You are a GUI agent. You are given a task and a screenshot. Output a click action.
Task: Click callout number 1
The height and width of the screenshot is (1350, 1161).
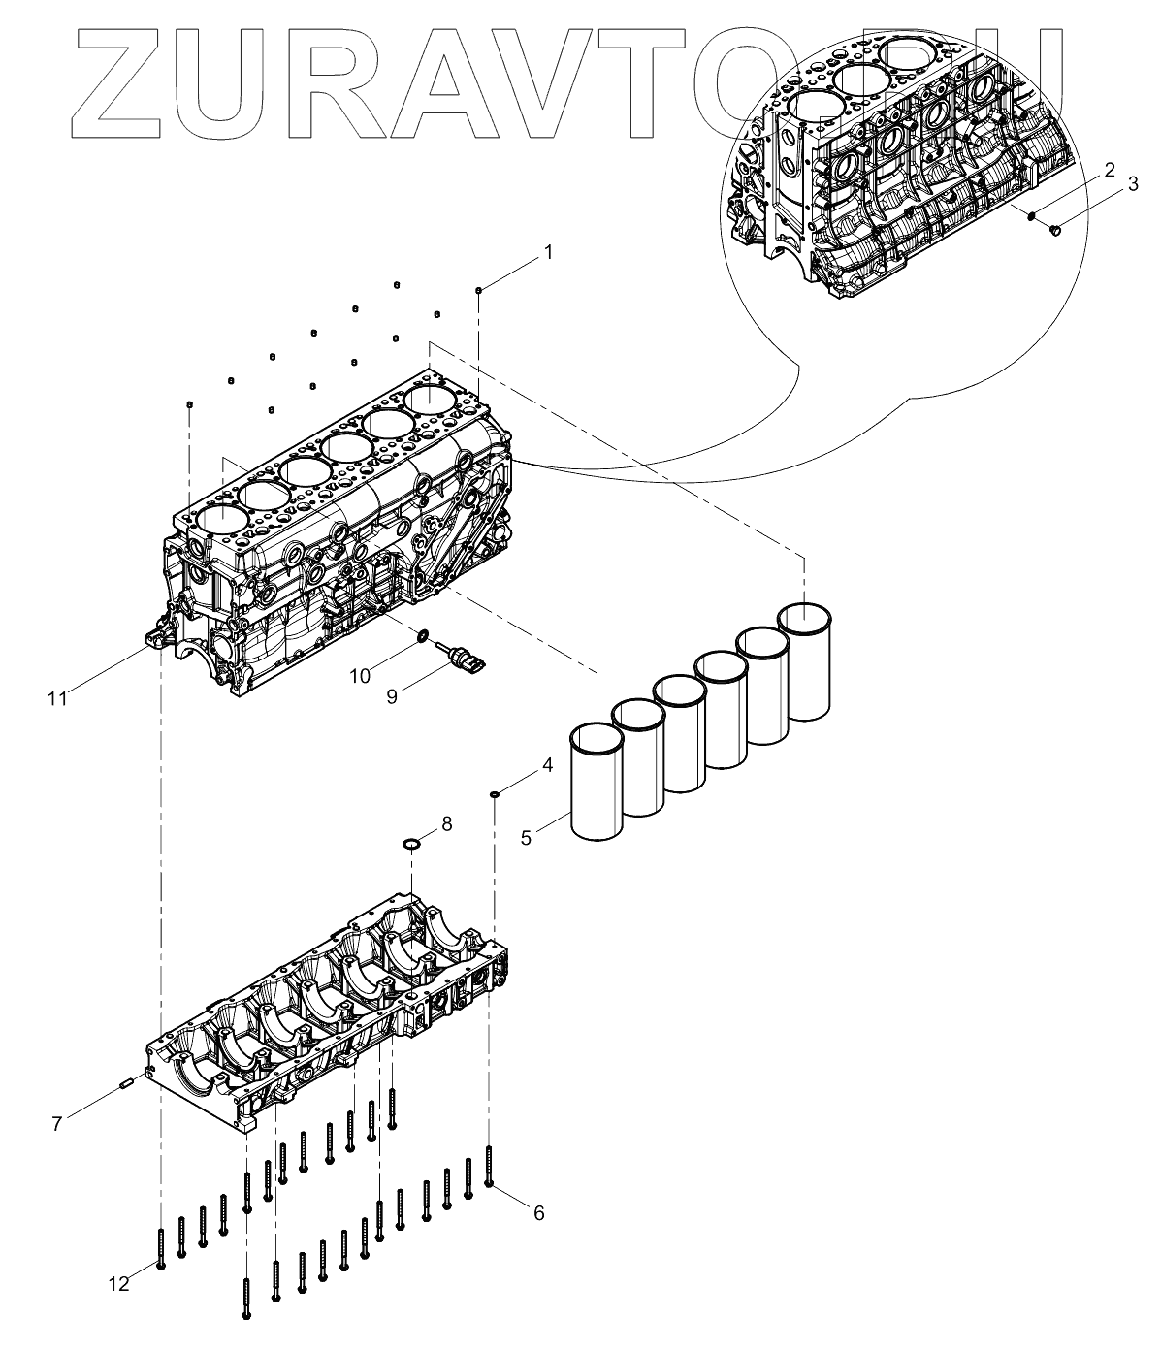(548, 252)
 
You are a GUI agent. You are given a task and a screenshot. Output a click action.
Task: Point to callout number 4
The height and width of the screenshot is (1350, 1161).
(547, 764)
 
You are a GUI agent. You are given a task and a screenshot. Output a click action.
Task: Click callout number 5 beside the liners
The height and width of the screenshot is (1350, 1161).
(526, 837)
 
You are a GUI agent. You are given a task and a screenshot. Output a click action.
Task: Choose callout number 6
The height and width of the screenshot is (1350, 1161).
(538, 1211)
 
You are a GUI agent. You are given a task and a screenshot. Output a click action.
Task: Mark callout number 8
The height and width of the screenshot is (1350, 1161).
(446, 823)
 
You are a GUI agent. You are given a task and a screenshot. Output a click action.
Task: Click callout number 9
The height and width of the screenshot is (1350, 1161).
(392, 696)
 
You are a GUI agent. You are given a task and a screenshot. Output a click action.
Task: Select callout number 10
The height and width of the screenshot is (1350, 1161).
(360, 675)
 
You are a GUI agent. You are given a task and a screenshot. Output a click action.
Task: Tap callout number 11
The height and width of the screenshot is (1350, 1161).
(58, 696)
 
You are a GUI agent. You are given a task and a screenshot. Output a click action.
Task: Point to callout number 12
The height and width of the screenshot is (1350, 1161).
(118, 1283)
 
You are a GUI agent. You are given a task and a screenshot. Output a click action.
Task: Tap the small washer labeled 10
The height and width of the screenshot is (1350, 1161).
(422, 636)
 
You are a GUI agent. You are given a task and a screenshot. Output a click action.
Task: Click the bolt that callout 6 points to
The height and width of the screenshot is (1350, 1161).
(489, 1165)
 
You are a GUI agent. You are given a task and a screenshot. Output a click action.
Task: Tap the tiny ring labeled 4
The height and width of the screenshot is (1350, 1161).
(496, 794)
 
